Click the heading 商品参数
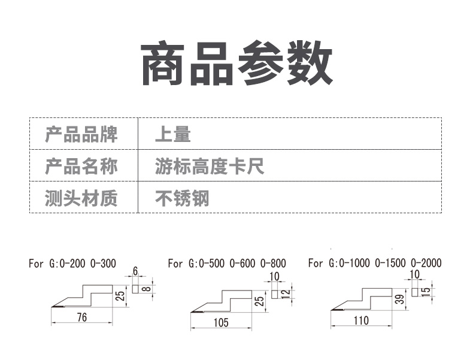[237, 63]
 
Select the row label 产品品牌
[81, 134]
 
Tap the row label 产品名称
[81, 167]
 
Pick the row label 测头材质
[81, 198]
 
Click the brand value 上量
[173, 134]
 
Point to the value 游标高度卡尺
[210, 167]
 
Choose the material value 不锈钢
[182, 198]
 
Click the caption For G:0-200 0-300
[72, 264]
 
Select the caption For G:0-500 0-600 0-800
[227, 264]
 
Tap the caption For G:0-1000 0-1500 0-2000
[375, 263]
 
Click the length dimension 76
[82, 317]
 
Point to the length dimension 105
[221, 323]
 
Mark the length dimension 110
[362, 320]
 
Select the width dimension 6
[135, 271]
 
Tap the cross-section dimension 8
[146, 289]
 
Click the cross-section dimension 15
[425, 292]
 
